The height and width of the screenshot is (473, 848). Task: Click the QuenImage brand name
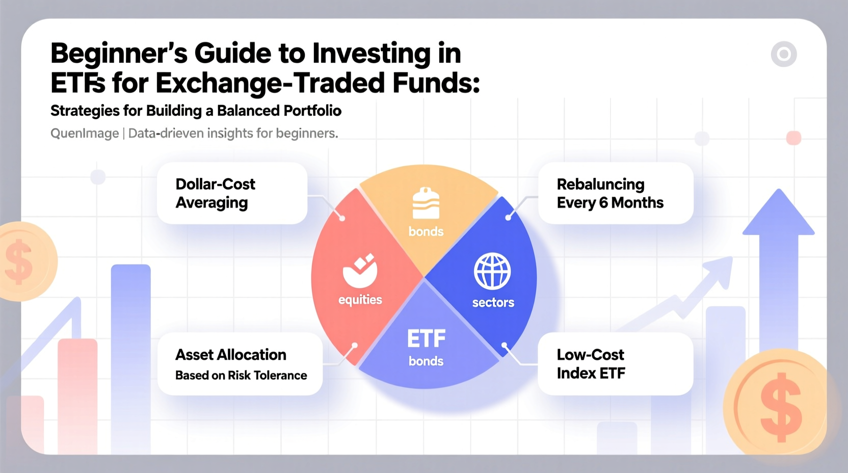click(x=85, y=134)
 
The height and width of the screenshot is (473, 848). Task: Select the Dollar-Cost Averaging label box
click(x=232, y=193)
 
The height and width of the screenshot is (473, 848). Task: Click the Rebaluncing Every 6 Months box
click(x=615, y=193)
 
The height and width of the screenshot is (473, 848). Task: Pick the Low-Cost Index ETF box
click(x=615, y=364)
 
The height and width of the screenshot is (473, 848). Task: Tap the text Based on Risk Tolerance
click(x=241, y=376)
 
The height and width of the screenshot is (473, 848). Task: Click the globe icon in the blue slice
click(x=492, y=271)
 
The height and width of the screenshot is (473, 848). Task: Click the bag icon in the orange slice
click(x=426, y=204)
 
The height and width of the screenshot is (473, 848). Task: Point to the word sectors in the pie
click(x=493, y=303)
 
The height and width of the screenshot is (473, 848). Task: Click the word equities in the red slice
click(x=360, y=300)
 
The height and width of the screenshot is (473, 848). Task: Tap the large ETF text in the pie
click(x=426, y=339)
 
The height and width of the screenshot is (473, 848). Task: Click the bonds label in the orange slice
click(x=426, y=232)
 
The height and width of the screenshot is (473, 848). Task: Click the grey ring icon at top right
click(x=784, y=54)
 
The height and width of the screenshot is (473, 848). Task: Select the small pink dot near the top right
click(x=793, y=138)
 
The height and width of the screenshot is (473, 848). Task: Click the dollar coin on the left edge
click(x=23, y=261)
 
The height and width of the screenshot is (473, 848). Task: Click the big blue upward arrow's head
click(x=779, y=214)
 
